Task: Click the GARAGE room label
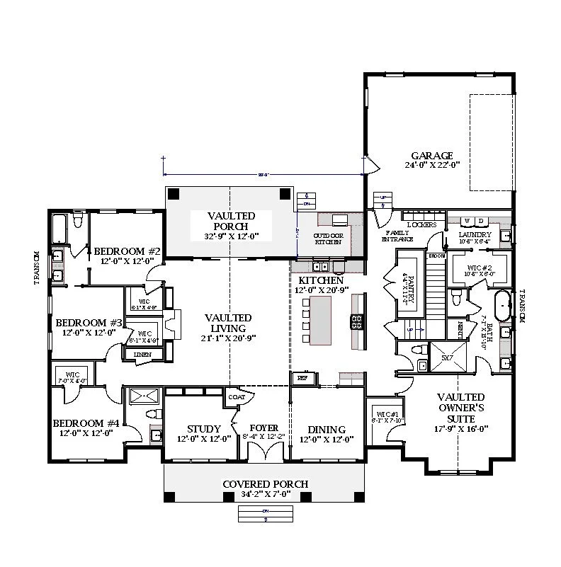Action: tap(431, 156)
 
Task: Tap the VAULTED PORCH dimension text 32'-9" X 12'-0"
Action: tap(232, 236)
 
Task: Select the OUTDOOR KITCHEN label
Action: tap(328, 238)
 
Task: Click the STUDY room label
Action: tap(204, 429)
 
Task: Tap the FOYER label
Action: tap(263, 429)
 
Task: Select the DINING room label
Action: tap(327, 430)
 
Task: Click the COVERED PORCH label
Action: tap(266, 484)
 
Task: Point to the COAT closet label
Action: tap(236, 398)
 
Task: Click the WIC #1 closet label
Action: tap(387, 414)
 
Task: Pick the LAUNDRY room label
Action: tap(475, 234)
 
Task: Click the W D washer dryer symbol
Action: tap(474, 221)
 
